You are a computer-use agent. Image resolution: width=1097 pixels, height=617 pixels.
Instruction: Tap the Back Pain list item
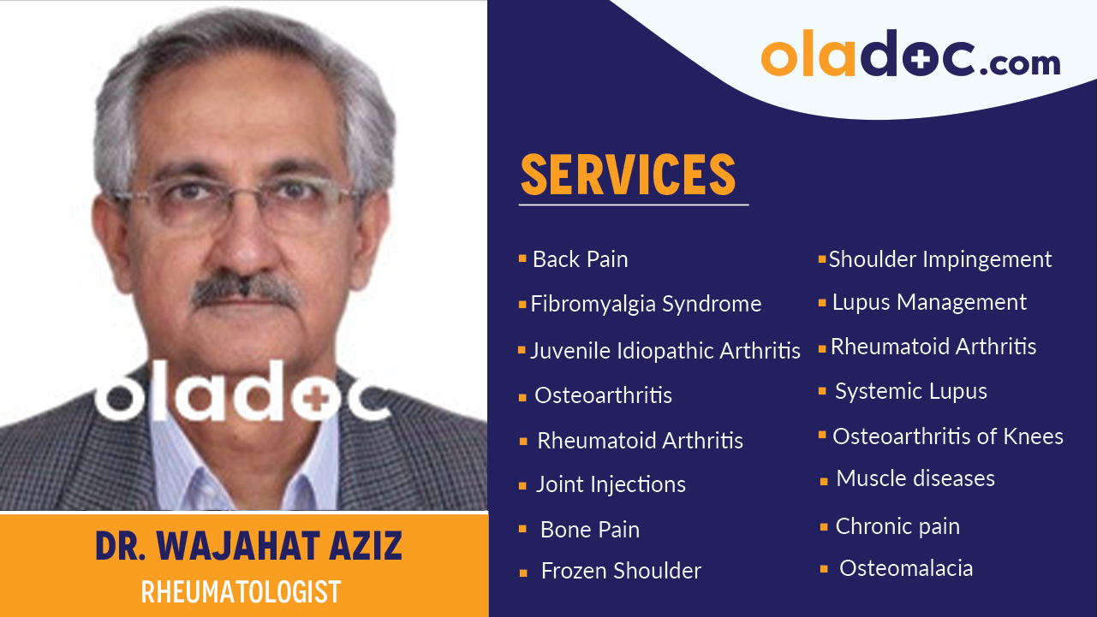580,259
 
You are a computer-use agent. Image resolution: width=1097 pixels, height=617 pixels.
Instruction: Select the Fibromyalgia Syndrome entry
646,304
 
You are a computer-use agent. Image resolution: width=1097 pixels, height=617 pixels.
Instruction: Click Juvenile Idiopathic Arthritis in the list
665,351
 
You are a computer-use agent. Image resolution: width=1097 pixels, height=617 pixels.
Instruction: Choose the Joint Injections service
611,484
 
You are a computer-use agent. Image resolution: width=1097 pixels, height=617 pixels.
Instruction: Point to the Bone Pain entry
589,530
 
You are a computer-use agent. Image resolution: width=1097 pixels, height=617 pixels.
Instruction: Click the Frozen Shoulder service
621,571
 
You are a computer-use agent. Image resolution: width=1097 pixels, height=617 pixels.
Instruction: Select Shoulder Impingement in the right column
939,259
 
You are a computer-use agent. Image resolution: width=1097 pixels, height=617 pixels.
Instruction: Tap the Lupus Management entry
929,302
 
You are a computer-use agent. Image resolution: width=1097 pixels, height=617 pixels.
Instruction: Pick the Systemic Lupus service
910,391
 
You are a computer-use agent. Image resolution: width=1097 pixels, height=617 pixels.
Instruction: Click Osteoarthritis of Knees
947,436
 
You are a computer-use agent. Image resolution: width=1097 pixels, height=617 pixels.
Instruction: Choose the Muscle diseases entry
915,478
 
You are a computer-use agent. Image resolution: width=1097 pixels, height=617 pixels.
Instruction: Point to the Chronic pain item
897,526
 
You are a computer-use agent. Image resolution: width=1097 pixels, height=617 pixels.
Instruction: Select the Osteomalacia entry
905,568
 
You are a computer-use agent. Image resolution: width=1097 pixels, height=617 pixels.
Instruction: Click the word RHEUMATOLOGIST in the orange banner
241,592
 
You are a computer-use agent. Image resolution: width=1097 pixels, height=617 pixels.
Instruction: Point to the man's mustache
245,292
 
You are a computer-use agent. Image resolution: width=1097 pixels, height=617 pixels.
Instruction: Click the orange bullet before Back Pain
522,258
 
